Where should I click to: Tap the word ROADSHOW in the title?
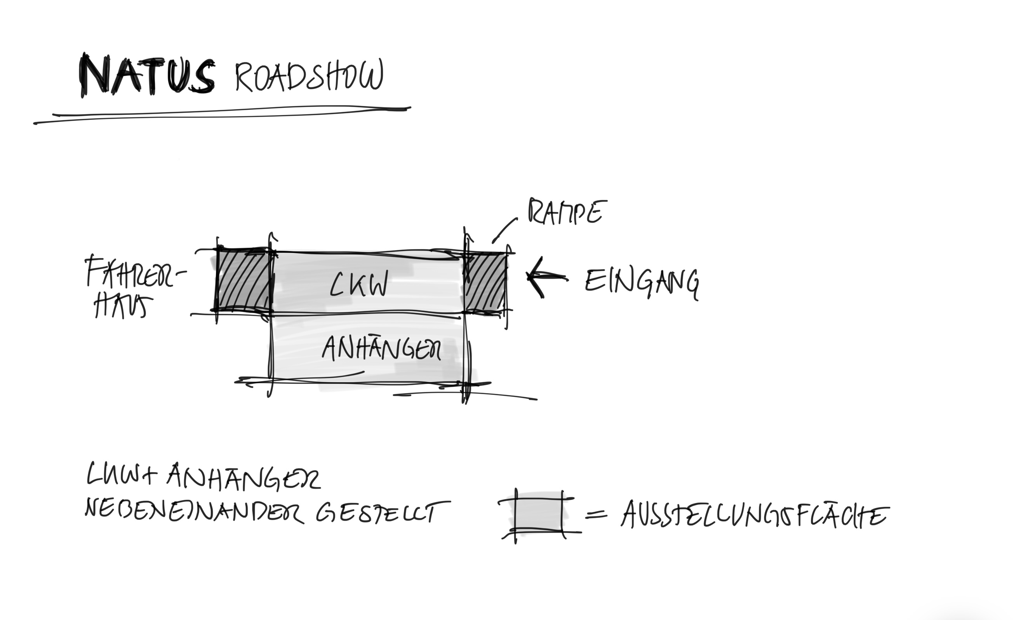309,76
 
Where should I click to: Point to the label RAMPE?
567,212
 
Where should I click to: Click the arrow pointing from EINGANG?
545,277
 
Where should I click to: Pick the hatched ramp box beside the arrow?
485,283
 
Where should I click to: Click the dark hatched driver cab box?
243,280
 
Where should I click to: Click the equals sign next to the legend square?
596,514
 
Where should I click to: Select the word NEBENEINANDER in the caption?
193,512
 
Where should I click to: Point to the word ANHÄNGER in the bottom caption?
243,477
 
